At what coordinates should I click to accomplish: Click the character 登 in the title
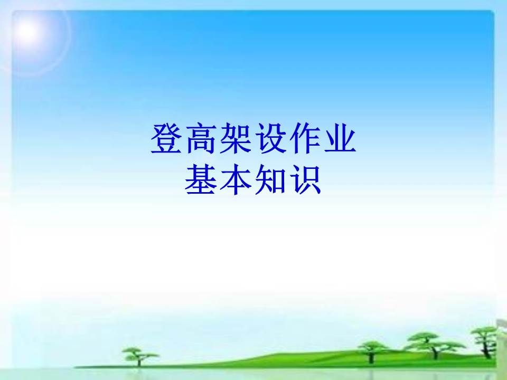coord(167,138)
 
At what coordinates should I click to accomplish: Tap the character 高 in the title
coord(202,138)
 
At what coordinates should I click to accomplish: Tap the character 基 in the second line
coord(201,179)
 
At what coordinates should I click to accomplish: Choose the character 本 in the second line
coord(236,179)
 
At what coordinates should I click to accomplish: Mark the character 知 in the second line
coord(271,179)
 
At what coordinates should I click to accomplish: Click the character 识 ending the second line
coord(305,179)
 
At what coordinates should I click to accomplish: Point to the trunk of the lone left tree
coord(139,362)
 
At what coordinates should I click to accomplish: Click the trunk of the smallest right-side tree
coord(371,357)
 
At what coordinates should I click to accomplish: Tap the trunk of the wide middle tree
coord(435,352)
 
